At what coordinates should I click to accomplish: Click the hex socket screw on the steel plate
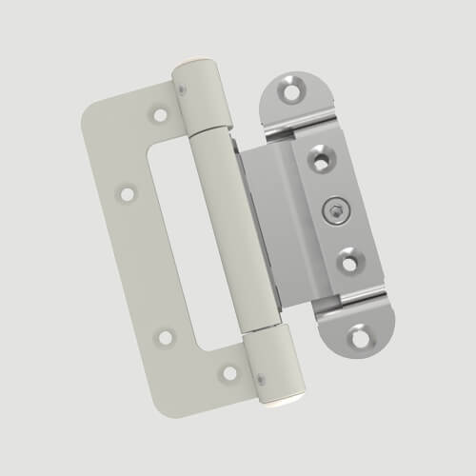[336, 210]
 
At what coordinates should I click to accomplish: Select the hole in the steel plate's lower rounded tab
[361, 335]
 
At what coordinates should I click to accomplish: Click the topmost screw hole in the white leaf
[160, 115]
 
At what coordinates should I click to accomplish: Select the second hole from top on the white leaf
[127, 193]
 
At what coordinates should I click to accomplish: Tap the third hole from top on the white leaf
[166, 336]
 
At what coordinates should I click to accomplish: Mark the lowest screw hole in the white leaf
[228, 371]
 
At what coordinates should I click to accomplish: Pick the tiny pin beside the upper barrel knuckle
[181, 88]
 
